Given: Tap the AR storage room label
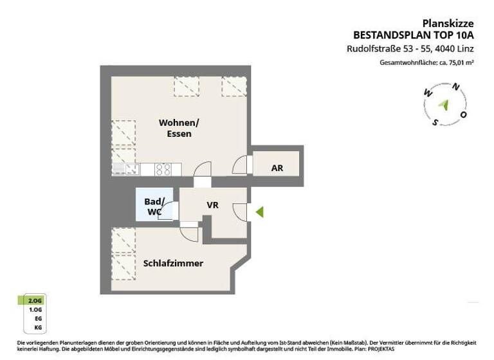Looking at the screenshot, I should tap(277, 168).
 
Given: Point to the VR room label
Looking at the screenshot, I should tap(213, 205).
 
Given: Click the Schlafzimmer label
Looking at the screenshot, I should tap(173, 263).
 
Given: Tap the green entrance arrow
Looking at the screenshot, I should tap(259, 211).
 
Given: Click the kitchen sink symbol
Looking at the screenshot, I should tap(126, 169).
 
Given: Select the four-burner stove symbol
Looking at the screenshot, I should tap(163, 169).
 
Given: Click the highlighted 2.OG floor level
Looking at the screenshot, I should tap(32, 300).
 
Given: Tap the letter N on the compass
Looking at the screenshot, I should tap(456, 87).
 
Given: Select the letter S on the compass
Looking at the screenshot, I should tap(435, 122).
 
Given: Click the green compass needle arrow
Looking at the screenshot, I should tap(444, 104).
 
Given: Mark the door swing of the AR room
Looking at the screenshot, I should tap(241, 165).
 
